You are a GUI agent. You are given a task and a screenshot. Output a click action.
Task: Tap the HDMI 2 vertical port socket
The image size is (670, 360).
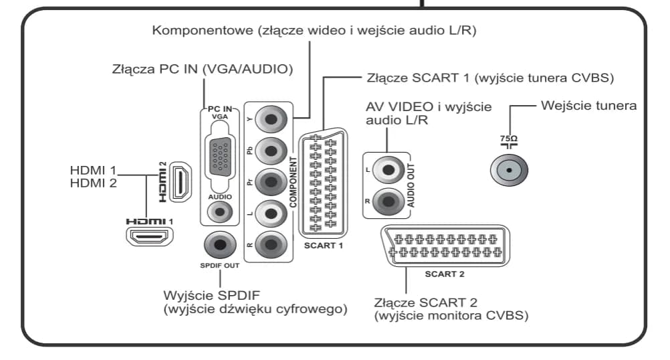(x=179, y=183)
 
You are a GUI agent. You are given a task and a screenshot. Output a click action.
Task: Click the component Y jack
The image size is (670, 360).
(x=270, y=121)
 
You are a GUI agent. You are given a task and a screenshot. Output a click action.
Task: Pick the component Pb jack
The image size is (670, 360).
(x=270, y=152)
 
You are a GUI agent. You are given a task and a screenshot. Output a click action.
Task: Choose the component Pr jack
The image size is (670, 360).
(x=270, y=183)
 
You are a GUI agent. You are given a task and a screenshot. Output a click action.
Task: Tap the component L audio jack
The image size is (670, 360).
(x=270, y=214)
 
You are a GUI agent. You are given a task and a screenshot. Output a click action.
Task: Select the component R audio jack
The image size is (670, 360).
(x=270, y=245)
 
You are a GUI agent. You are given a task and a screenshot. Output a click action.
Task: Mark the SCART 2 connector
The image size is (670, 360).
(x=444, y=246)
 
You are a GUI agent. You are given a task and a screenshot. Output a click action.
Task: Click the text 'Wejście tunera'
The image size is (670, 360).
(x=588, y=106)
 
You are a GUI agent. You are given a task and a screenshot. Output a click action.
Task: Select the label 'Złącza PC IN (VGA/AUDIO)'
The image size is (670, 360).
(x=203, y=70)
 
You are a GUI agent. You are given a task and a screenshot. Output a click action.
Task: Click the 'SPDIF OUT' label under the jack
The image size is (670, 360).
(x=219, y=266)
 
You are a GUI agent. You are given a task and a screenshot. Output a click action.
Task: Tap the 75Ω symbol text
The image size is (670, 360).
(x=509, y=139)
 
